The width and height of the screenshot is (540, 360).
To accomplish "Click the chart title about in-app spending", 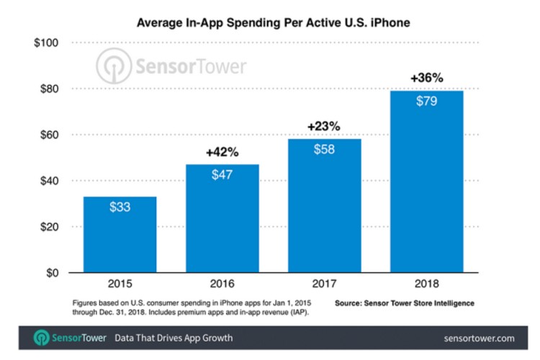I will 270,24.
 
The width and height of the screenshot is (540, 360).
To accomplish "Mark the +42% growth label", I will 222,152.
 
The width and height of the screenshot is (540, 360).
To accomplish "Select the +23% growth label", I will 324,126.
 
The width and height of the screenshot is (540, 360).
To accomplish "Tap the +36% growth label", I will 427,78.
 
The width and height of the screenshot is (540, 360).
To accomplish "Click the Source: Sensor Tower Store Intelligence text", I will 405,303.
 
